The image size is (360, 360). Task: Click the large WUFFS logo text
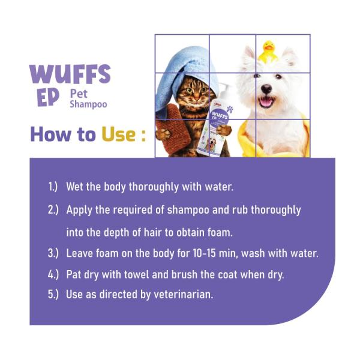point(70,74)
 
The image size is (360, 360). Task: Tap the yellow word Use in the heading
point(118,134)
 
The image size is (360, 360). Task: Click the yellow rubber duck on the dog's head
point(268,52)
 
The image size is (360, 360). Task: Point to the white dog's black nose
point(266,89)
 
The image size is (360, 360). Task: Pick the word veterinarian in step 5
point(184,295)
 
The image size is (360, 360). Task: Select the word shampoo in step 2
point(188,211)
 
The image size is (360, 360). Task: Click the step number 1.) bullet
point(53,187)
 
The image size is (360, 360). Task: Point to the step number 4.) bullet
point(53,275)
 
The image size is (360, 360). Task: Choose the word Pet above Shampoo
point(79,94)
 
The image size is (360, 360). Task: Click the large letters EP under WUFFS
point(48,98)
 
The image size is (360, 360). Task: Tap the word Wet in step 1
point(74,187)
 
